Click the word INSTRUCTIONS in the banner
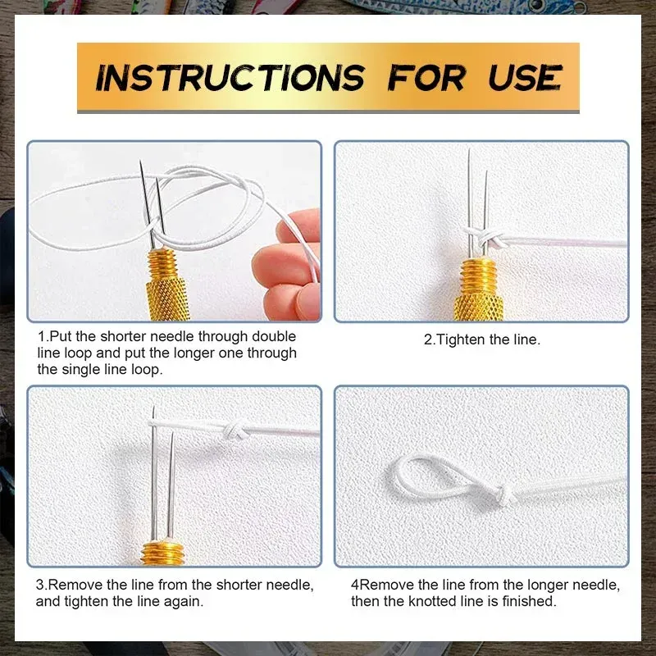click(230, 78)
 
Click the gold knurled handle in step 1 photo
click(170, 283)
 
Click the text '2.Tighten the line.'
click(481, 339)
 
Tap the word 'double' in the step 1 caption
click(276, 337)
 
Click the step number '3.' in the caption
click(41, 585)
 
